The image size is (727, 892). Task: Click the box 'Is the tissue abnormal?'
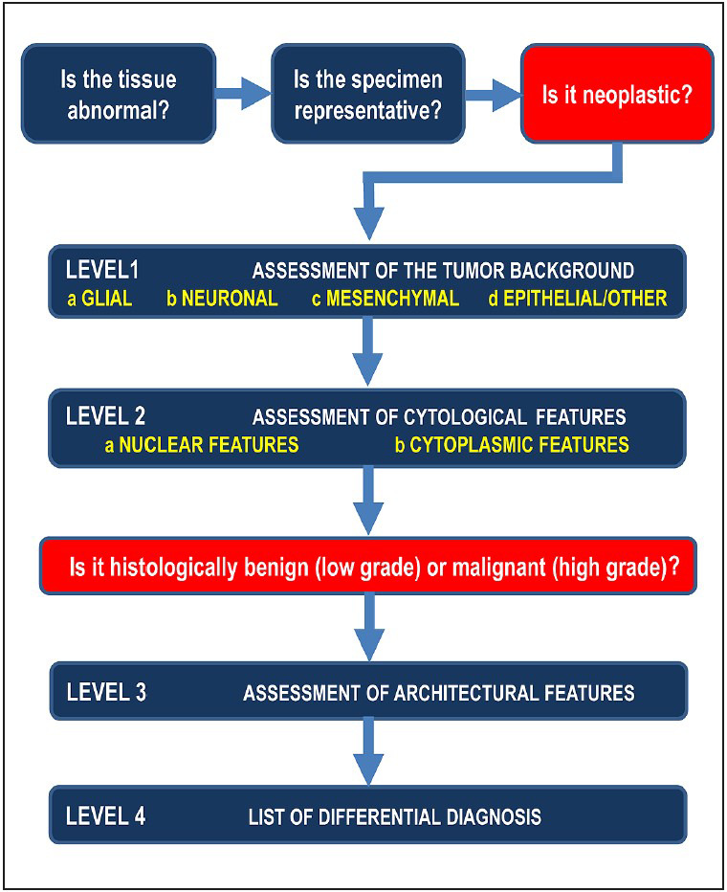click(x=118, y=94)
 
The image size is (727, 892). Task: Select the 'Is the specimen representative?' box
click(x=368, y=94)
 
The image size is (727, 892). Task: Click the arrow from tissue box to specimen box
click(x=242, y=94)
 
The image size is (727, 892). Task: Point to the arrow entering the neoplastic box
click(x=492, y=94)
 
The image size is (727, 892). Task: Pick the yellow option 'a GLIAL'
click(x=99, y=299)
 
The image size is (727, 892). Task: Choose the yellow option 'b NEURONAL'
click(x=221, y=299)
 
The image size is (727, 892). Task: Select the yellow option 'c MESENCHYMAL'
click(x=385, y=299)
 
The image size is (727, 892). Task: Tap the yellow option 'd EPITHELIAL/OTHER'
click(x=577, y=299)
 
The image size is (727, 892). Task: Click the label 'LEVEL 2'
click(x=106, y=416)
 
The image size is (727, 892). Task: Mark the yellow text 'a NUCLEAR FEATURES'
click(x=202, y=445)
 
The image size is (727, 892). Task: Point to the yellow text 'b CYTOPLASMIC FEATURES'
click(x=512, y=445)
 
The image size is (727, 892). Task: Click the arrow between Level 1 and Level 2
click(x=367, y=351)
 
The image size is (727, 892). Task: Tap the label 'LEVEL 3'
click(x=106, y=691)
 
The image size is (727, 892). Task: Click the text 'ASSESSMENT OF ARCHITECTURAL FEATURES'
click(x=438, y=692)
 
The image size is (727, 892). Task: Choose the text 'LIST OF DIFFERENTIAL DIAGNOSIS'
click(x=394, y=816)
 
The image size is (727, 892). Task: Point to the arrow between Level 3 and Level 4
click(x=367, y=750)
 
